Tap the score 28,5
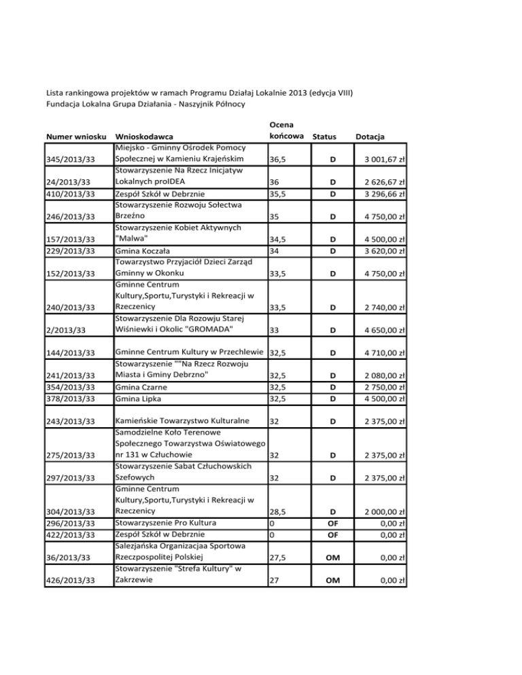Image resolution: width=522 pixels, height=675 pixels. pyautogui.click(x=277, y=511)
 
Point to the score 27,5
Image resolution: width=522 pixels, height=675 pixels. pyautogui.click(x=277, y=558)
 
